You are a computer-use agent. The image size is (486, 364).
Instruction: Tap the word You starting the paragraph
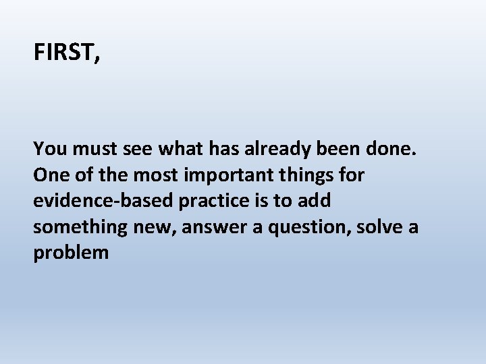[49, 148]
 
